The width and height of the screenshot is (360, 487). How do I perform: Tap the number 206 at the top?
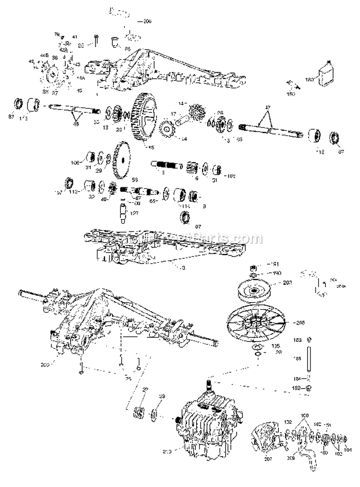coord(147,22)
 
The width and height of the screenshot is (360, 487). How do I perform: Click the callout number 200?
coord(59,365)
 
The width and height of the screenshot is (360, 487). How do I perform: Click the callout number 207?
coord(267,459)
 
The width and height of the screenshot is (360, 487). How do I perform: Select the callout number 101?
coord(349,450)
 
